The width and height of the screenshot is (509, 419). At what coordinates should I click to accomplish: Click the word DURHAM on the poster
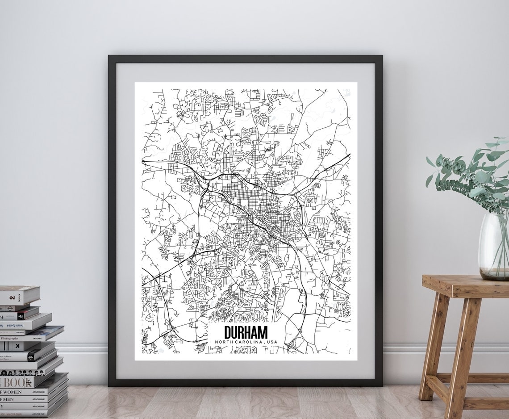click(x=246, y=333)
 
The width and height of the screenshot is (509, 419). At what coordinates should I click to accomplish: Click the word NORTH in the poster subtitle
click(x=225, y=342)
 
